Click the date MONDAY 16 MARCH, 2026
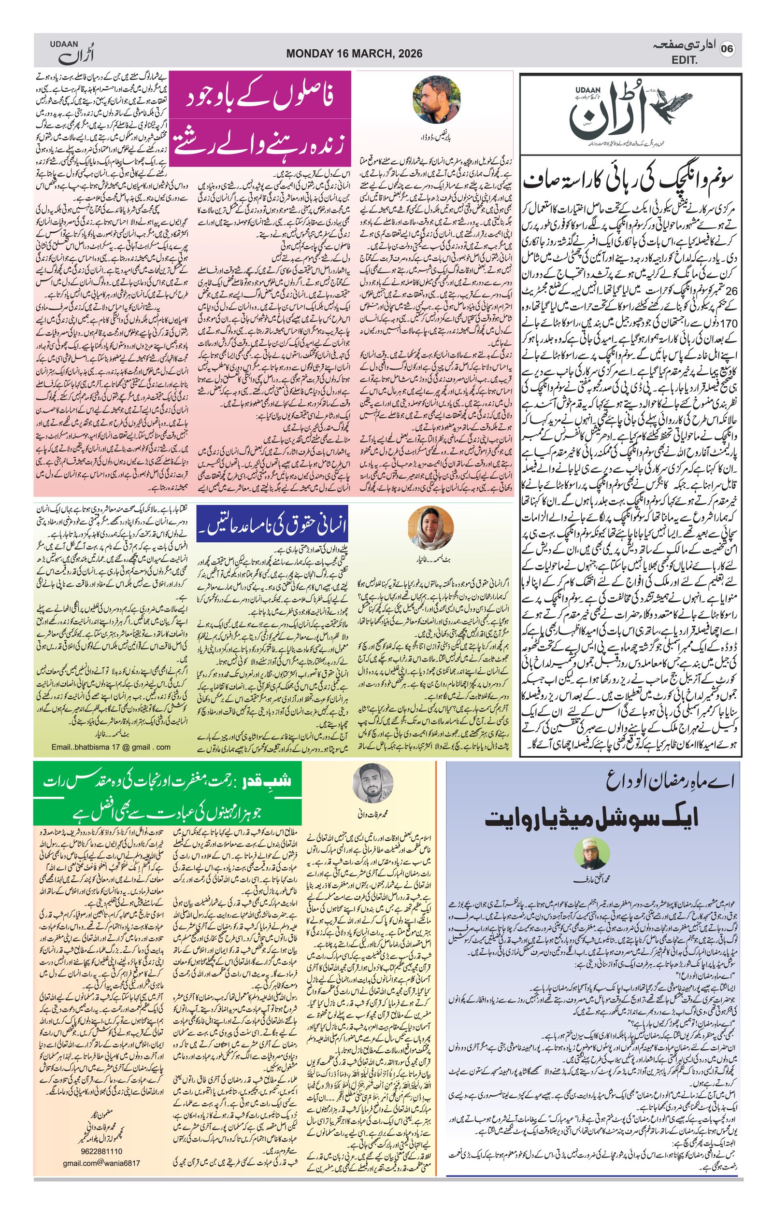tap(354, 54)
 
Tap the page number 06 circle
tap(727, 49)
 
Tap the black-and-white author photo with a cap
tap(372, 783)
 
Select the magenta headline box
tap(260, 118)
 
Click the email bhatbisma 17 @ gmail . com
tap(111, 747)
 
